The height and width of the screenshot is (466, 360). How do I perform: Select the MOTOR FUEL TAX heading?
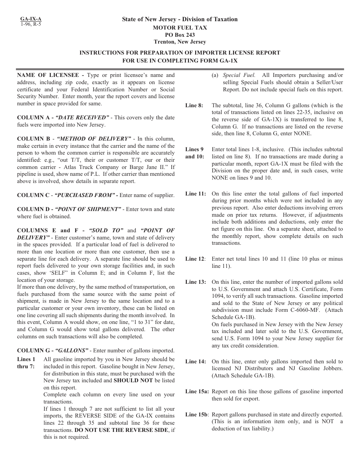click(180, 28)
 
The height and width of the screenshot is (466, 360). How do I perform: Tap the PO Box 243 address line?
click(180, 35)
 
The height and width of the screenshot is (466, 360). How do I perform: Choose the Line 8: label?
click(194, 105)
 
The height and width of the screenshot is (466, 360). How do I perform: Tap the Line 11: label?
click(196, 194)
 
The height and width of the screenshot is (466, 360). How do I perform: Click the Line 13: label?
click(196, 282)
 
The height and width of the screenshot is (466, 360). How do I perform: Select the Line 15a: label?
click(197, 391)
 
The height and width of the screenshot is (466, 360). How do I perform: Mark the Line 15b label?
click(197, 414)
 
